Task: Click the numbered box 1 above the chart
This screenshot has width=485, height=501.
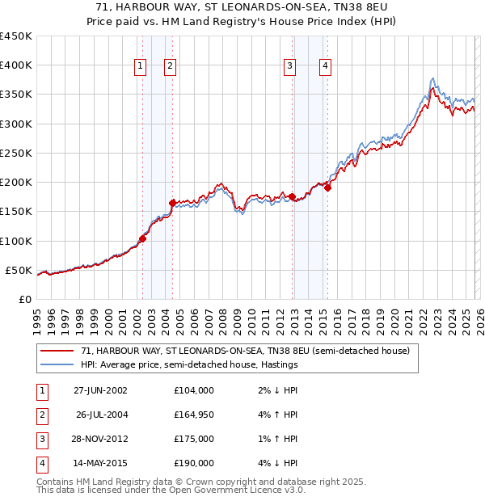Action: (x=141, y=66)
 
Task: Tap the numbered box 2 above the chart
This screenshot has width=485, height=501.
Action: (x=171, y=66)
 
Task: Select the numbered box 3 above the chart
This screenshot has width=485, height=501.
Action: (x=289, y=66)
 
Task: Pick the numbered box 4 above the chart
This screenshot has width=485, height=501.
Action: (x=324, y=66)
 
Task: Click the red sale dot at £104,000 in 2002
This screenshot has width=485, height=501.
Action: (x=143, y=238)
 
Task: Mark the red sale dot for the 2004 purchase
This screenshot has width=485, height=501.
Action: (x=173, y=203)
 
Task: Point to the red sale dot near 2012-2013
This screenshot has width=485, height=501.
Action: (x=292, y=196)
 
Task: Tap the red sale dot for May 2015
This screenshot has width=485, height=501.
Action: (x=327, y=188)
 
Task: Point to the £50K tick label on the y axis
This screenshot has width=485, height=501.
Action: (x=19, y=270)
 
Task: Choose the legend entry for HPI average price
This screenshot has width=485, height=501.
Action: (x=189, y=364)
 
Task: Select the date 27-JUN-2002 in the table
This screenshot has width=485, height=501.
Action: (x=100, y=390)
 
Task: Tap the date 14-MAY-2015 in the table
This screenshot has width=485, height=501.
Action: (x=100, y=463)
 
